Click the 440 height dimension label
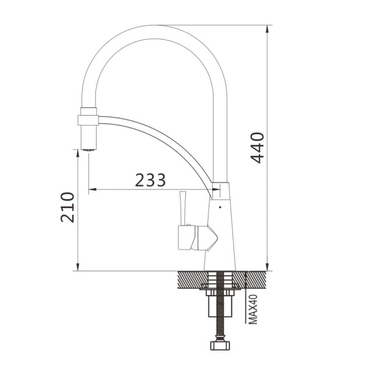point(258,147)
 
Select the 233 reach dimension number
point(150,180)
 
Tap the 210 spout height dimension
point(67,207)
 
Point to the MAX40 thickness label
point(253,309)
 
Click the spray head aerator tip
point(89,150)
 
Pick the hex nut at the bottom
point(220,345)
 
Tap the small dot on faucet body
point(220,207)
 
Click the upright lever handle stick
point(182,209)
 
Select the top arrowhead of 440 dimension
point(267,29)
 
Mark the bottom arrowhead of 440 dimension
point(267,267)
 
